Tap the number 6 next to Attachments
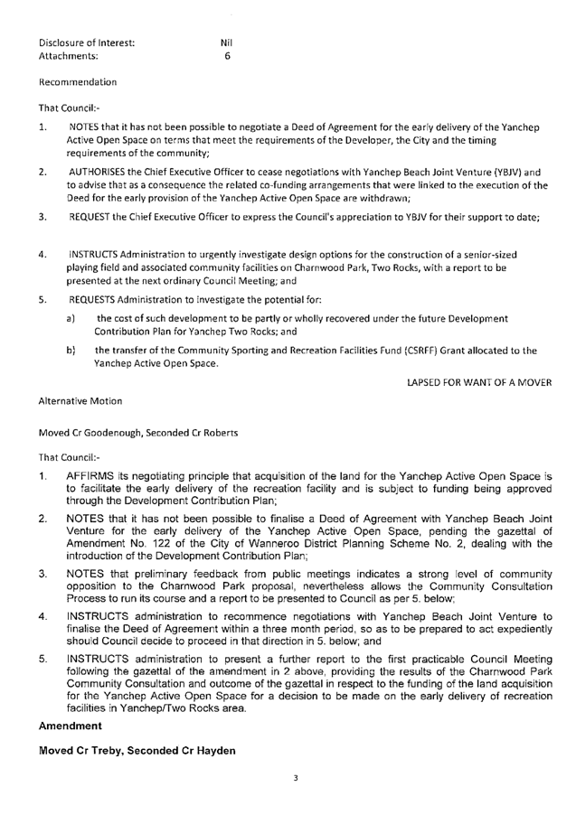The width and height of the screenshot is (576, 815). (227, 54)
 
